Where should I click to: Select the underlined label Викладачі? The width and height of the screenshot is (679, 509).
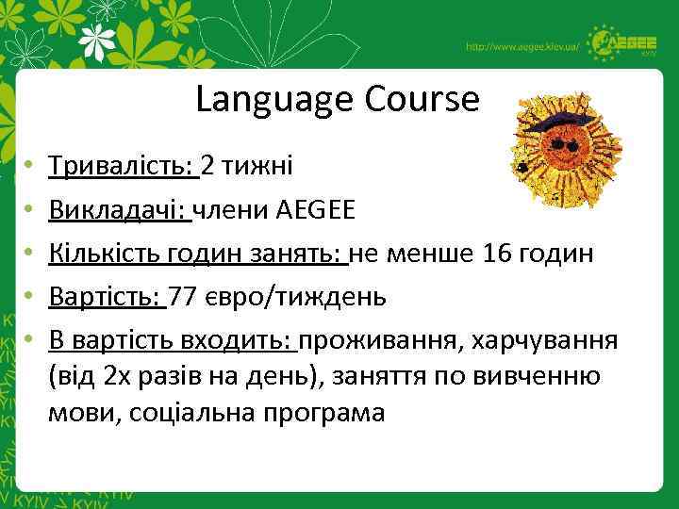[120, 209]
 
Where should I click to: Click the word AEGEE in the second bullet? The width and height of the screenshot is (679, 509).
[316, 210]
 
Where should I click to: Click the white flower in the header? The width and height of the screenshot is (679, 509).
[101, 41]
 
